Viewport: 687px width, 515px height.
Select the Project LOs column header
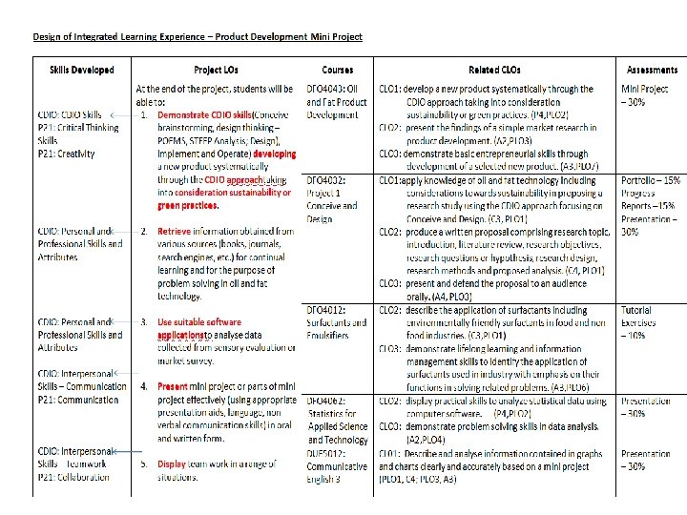[221, 70]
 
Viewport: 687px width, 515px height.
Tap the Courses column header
[338, 70]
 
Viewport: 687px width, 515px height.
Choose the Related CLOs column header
[496, 70]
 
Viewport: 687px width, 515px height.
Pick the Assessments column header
[653, 70]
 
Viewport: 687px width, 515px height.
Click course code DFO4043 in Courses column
[325, 90]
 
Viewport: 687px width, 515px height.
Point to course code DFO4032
[325, 179]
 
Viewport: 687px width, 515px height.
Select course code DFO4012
[325, 310]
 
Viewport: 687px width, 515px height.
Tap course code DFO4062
[325, 401]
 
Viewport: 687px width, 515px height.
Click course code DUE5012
[325, 455]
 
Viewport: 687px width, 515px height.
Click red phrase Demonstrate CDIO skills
[202, 115]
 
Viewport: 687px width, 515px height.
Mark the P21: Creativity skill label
[67, 154]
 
